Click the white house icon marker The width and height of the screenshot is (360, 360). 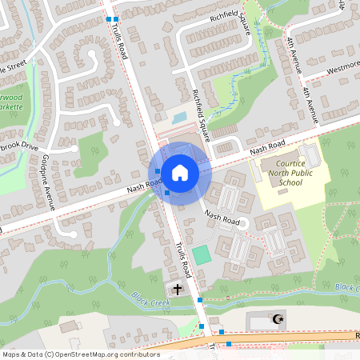point(180,172)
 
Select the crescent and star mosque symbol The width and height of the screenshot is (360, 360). point(278,319)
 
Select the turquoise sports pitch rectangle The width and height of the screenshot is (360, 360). point(202,255)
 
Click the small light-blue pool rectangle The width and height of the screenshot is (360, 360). point(179,118)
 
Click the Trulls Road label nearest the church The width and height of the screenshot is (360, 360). point(183,256)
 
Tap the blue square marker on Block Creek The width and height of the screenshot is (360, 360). point(200,299)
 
